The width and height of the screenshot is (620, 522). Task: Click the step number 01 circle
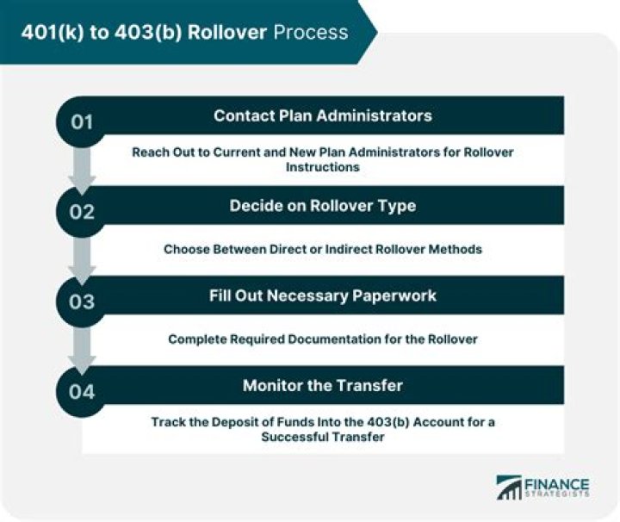[x=82, y=121]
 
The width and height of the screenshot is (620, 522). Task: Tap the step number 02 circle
[x=82, y=211]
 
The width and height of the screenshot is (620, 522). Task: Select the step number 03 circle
[x=82, y=301]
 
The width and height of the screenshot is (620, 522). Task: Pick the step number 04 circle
[x=82, y=390]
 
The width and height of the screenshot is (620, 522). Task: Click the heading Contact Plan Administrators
[x=323, y=115]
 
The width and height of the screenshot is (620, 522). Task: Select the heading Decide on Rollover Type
[x=323, y=206]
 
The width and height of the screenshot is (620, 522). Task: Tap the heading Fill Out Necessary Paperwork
[x=323, y=295]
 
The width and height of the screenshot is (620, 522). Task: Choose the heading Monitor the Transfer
[x=323, y=385]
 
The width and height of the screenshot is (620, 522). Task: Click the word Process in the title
[x=311, y=33]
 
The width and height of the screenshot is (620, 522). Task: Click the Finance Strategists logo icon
[x=509, y=487]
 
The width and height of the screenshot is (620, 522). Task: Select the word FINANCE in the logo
[x=556, y=483]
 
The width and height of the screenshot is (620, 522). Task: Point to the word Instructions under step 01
[x=323, y=167]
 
